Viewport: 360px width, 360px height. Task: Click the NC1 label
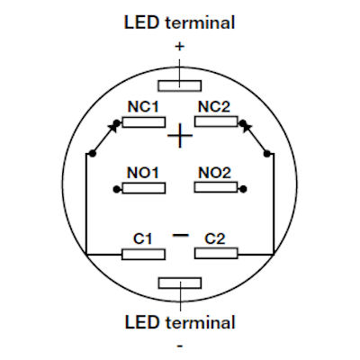point(141,106)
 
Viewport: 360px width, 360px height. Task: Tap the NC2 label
point(215,106)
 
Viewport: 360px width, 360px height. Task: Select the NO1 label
point(141,172)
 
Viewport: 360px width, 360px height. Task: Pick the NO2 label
point(215,172)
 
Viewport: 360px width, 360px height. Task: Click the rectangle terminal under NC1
point(143,121)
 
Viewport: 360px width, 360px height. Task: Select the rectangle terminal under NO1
point(143,188)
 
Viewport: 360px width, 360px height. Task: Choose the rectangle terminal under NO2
point(216,188)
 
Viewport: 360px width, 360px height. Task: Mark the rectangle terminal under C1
point(143,254)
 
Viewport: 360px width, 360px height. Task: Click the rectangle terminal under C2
point(216,254)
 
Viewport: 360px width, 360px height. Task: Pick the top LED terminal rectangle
point(180,85)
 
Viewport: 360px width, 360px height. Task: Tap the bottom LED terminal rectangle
point(180,283)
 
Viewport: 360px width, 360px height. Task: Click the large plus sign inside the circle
point(181,137)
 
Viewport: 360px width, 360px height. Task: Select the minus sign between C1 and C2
point(180,235)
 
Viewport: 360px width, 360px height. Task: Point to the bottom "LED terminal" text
point(179,321)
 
